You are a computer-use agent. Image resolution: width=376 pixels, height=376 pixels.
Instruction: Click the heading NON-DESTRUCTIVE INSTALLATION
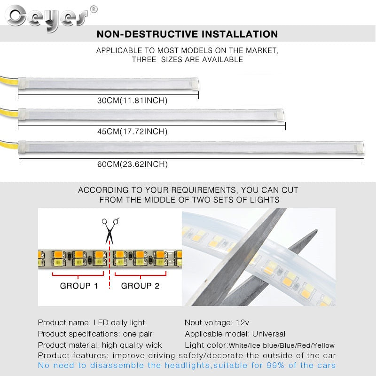tap(187, 34)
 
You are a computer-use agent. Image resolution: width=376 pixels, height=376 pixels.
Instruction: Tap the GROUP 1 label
tap(79, 285)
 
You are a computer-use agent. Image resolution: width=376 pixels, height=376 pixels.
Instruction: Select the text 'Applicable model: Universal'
tap(235, 334)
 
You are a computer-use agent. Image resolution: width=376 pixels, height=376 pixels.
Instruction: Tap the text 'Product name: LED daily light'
tap(91, 322)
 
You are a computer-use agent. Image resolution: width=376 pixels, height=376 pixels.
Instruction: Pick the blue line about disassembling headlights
tap(187, 365)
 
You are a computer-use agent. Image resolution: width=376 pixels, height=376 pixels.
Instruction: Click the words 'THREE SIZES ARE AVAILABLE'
tap(187, 60)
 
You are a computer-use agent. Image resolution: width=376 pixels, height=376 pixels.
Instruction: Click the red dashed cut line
tap(110, 273)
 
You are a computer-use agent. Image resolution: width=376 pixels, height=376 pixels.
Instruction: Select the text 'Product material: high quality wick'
tap(100, 345)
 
